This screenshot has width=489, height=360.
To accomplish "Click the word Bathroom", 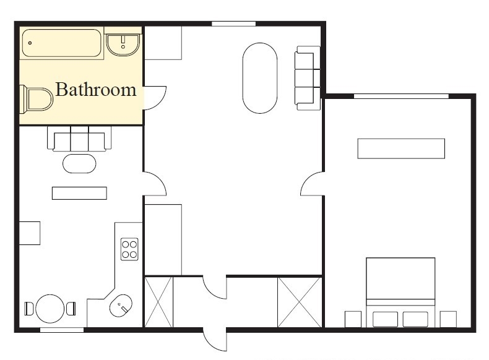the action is pos(96,90).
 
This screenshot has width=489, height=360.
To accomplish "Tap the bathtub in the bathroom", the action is pos(62,43).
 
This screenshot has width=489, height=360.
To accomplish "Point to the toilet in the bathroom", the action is pos(36,100).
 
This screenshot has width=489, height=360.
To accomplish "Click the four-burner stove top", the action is pos(129,249).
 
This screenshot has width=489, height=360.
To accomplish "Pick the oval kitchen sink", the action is pos(121,306).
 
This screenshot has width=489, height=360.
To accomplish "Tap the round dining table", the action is pos(50,309).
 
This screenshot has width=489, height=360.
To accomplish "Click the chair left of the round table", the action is pos(29,309).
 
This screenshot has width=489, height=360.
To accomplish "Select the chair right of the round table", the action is pos(71,309).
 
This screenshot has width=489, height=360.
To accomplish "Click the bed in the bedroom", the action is pos(400,293).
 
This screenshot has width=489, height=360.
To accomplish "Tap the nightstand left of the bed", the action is pos(353,319).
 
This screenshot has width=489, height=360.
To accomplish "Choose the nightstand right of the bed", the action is pos(449,319).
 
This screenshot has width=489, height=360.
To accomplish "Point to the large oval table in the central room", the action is pos(260,78).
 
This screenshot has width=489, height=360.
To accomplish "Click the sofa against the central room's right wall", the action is pos(308,78).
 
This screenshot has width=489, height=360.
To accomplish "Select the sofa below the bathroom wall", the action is pos(79,139).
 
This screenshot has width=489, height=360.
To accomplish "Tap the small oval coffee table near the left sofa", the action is pos(79,163).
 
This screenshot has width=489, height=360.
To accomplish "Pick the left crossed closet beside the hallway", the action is pos(158,302).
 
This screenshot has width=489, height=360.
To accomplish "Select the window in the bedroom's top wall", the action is pos(401,96).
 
